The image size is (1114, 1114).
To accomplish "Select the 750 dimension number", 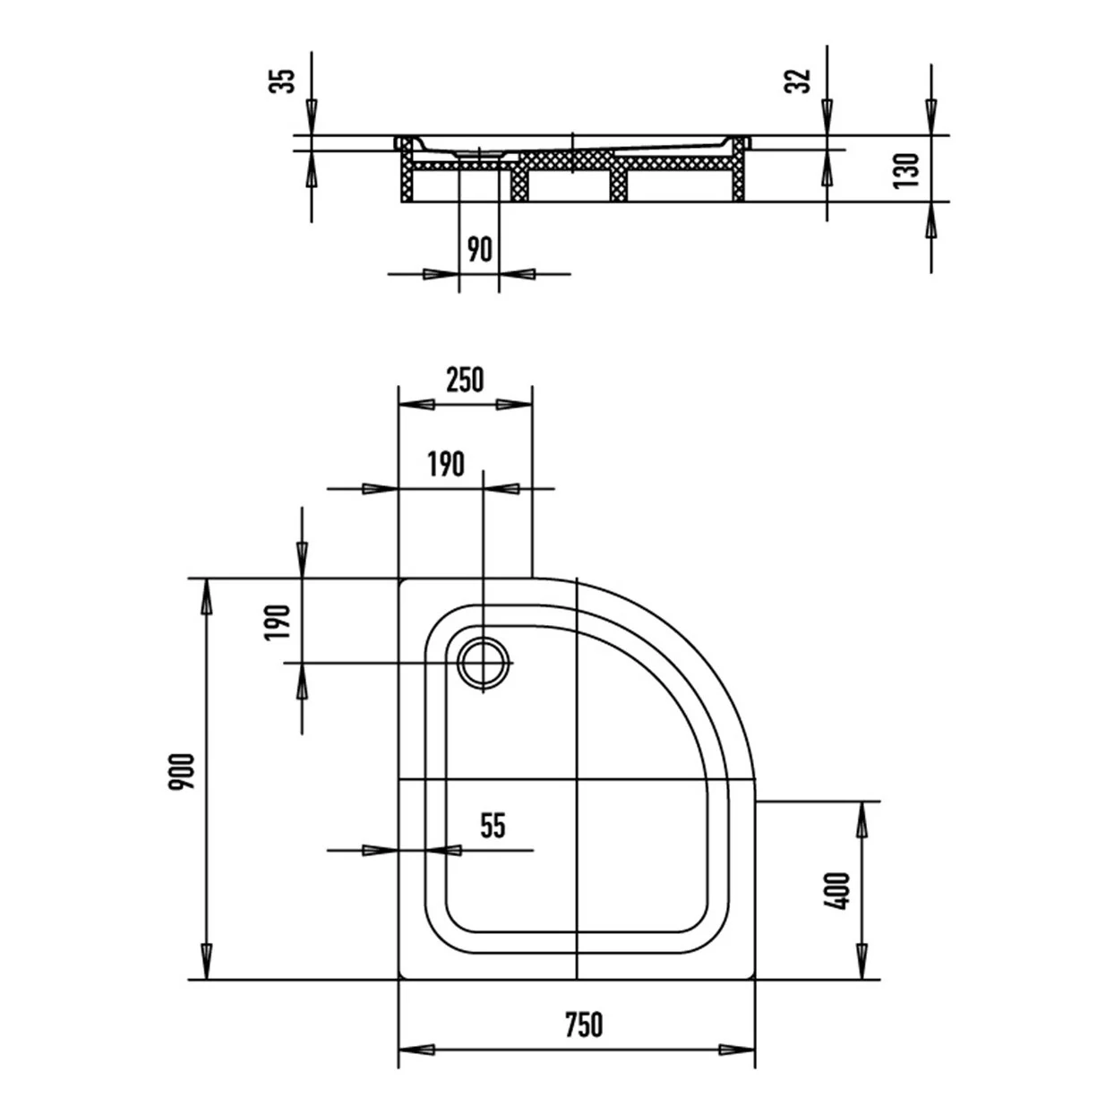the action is click(584, 1024).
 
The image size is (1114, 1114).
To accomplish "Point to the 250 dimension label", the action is click(465, 380).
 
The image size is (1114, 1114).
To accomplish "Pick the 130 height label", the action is click(906, 170).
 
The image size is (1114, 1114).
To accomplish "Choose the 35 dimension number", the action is click(281, 81).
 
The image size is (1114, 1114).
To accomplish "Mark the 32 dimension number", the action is click(798, 81).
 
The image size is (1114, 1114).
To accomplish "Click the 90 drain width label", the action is click(479, 249).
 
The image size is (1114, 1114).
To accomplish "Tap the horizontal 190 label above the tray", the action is click(446, 464).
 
